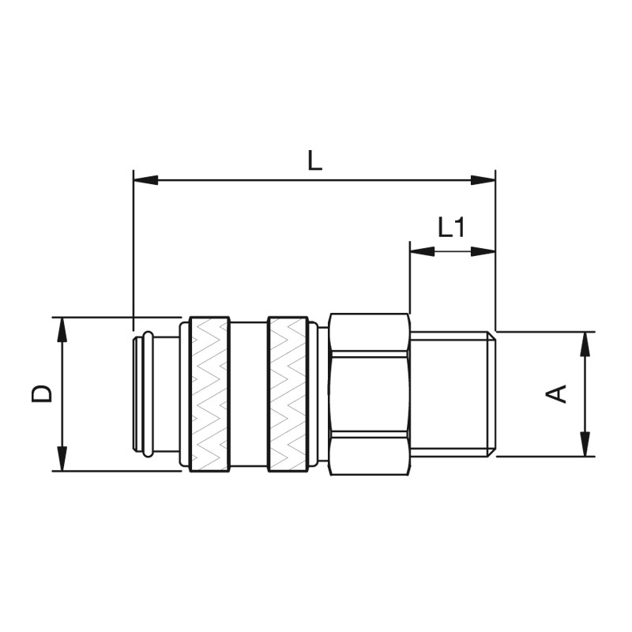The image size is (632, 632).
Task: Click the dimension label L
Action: point(314,160)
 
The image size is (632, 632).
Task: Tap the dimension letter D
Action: point(42,393)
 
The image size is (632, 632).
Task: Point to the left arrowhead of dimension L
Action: point(145,180)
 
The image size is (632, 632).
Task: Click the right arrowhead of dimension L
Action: point(483,180)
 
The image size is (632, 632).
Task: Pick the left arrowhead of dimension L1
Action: point(422,251)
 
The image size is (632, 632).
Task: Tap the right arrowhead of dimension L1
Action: point(483,251)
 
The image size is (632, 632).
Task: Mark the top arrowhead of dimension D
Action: point(62,329)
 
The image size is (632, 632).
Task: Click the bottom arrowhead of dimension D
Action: point(62,458)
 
